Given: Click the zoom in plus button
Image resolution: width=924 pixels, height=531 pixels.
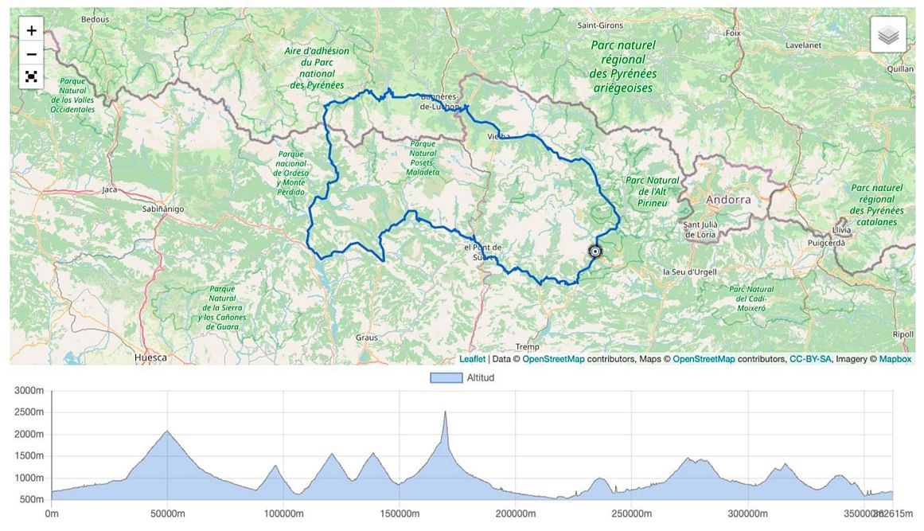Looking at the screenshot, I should pyautogui.click(x=31, y=31).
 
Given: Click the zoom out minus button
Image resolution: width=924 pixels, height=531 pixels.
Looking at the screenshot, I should pyautogui.click(x=31, y=54).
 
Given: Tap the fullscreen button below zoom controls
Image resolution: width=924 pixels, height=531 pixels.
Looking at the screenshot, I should pyautogui.click(x=31, y=77).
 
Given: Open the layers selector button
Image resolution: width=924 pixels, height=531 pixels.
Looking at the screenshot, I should pyautogui.click(x=888, y=35).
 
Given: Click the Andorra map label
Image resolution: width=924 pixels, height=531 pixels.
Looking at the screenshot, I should pyautogui.click(x=727, y=200).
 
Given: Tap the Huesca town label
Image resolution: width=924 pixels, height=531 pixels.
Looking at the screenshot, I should pyautogui.click(x=151, y=357).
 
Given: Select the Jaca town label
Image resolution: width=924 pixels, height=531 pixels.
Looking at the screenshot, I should pyautogui.click(x=110, y=190).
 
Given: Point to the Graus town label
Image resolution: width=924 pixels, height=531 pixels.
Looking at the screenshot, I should pyautogui.click(x=366, y=338).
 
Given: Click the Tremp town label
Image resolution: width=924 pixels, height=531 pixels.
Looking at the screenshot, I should pyautogui.click(x=527, y=347).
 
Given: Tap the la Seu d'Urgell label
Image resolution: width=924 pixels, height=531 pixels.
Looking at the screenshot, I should pyautogui.click(x=689, y=271).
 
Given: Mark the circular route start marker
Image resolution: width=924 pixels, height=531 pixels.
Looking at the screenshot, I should pyautogui.click(x=595, y=252).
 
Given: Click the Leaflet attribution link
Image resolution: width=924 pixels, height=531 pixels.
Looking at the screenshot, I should pyautogui.click(x=472, y=359).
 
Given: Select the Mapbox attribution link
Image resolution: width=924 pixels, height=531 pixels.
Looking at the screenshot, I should pyautogui.click(x=895, y=359).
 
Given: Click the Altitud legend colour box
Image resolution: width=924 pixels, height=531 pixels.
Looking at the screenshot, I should pyautogui.click(x=446, y=377).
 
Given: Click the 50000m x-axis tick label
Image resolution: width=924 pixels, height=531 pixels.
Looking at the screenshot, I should pyautogui.click(x=167, y=513).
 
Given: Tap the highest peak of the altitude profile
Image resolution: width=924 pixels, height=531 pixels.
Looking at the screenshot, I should pyautogui.click(x=445, y=412).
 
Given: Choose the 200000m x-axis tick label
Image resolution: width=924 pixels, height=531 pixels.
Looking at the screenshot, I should pyautogui.click(x=515, y=513).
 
